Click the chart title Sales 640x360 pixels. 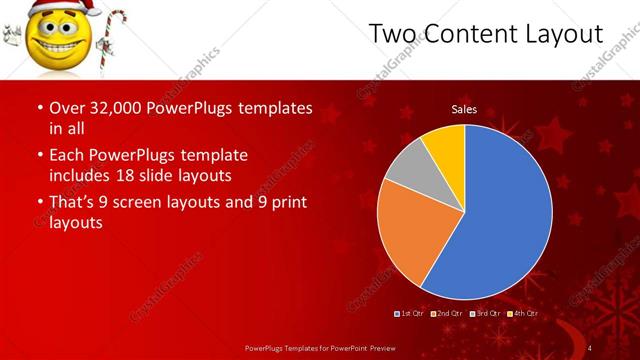pos(463,109)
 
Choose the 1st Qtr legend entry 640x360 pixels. pos(410,313)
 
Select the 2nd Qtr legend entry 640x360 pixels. pos(447,313)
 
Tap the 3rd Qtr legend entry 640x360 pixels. pos(484,313)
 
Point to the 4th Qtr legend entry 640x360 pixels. pos(521,313)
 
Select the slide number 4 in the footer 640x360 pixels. pos(590,347)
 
